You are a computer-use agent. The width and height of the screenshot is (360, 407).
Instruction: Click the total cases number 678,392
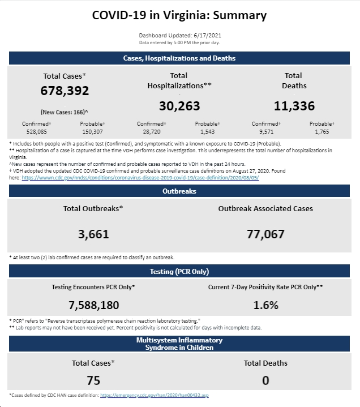65,91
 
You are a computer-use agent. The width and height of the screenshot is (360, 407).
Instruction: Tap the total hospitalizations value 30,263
179,106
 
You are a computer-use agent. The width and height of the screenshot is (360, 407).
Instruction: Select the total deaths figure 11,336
294,106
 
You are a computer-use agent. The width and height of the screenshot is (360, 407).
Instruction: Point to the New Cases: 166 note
64,112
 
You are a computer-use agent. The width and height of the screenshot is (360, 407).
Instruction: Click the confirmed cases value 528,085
37,131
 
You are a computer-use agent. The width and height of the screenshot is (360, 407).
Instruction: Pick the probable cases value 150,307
92,131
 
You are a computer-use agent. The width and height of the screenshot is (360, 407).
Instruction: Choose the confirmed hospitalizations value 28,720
152,131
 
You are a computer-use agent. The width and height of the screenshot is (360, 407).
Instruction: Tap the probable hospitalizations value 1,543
207,131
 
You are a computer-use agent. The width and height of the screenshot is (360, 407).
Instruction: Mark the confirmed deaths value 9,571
266,131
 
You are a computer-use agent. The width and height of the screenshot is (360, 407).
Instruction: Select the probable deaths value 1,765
322,131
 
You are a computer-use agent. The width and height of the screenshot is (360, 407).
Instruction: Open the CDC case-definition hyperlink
140,178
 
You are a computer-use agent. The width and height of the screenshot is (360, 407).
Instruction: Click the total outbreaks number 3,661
93,234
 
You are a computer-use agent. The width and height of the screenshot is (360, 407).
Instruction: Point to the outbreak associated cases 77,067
265,234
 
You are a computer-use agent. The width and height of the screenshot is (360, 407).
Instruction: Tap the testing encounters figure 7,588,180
94,305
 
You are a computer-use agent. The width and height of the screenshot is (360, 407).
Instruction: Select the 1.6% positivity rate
266,305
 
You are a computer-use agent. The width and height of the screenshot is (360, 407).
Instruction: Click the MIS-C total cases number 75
93,380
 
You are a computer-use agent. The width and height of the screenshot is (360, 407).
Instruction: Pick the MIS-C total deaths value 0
265,380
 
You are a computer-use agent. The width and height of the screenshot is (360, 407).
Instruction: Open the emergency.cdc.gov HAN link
155,395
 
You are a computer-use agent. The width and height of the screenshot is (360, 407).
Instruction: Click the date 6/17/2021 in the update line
207,35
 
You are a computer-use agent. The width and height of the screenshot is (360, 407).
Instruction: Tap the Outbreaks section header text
179,191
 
